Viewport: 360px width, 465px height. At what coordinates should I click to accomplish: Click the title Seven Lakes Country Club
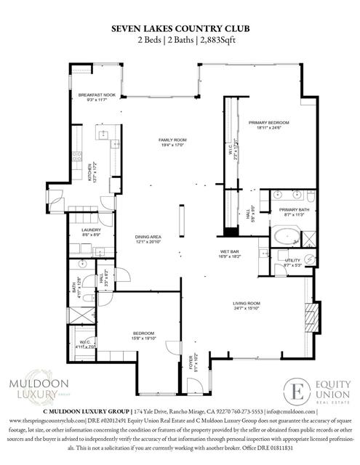[180, 27]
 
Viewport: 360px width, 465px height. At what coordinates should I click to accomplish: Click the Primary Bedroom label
[268, 124]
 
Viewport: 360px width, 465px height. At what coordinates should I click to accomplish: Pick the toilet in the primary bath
[308, 197]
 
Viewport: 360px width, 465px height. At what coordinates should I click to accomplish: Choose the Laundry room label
[91, 231]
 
